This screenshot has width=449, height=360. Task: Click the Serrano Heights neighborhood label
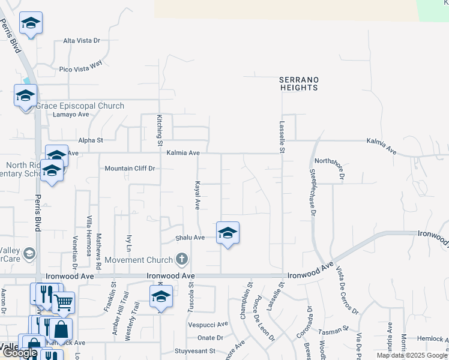coord(299,83)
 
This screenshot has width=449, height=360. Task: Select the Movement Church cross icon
coord(182,259)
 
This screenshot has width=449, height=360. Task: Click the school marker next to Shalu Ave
coord(228,233)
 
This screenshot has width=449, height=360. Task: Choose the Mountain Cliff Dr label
coord(130,169)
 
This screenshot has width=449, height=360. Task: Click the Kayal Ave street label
coord(196,194)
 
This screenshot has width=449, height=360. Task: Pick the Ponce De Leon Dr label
coord(265,327)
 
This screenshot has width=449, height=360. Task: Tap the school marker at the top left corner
coord(31,23)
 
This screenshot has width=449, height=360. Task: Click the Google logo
coord(20,353)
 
